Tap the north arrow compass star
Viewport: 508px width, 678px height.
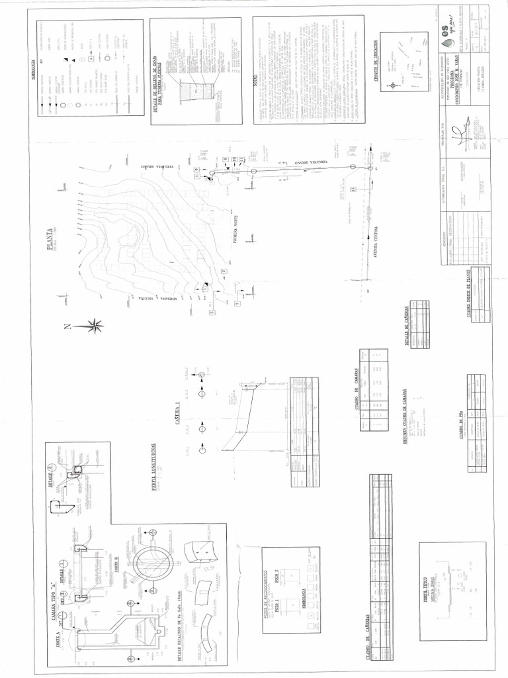(95, 325)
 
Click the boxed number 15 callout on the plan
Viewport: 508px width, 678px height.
(354, 190)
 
